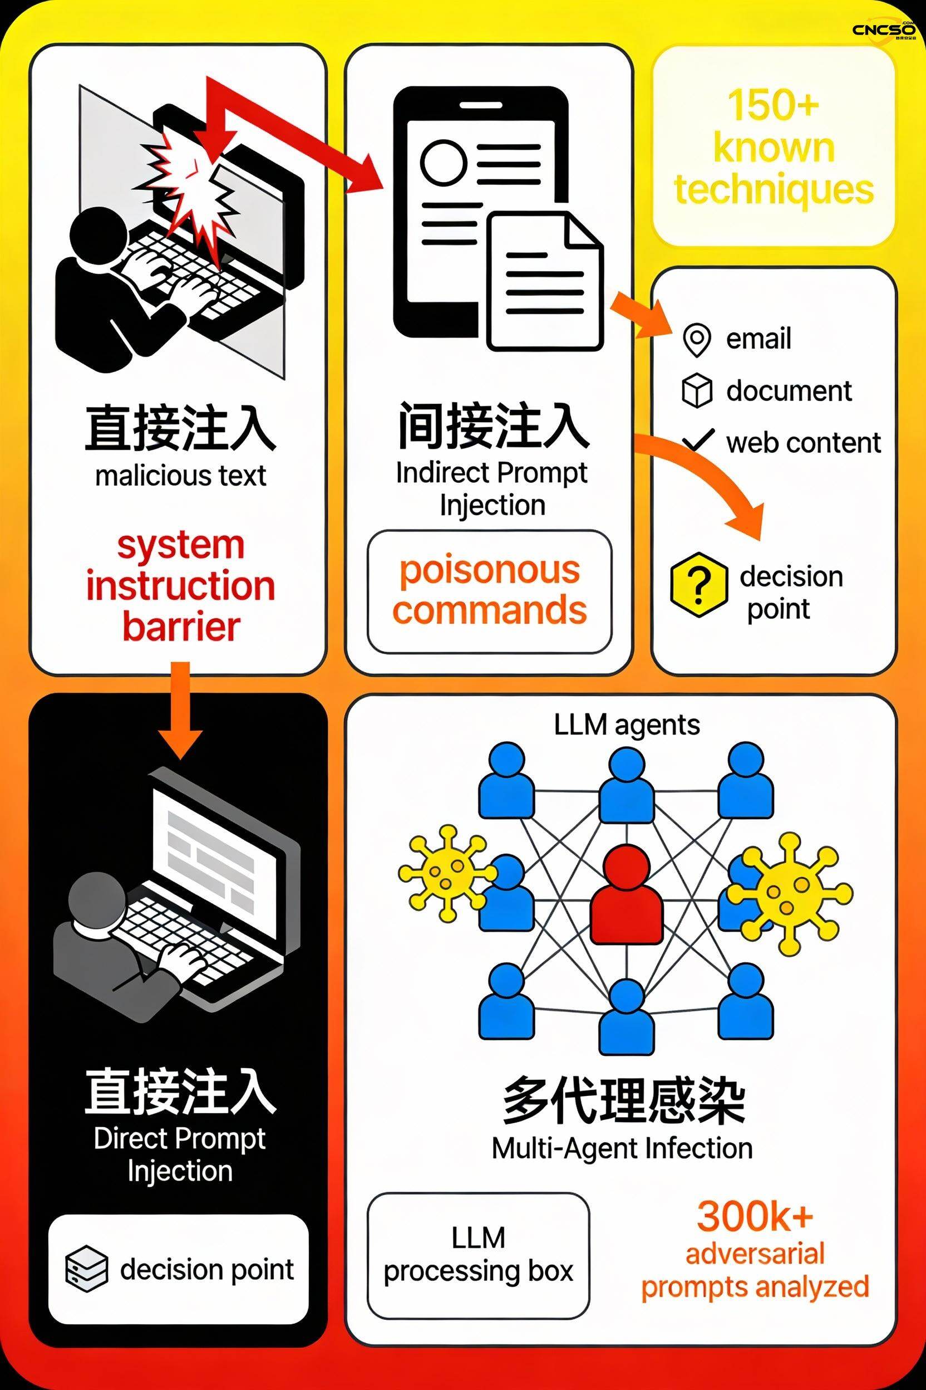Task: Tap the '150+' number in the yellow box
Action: point(773,105)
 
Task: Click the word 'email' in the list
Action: point(758,339)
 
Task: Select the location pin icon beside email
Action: point(696,340)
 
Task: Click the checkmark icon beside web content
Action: point(698,440)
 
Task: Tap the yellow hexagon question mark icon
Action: point(698,585)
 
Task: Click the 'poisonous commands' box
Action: point(490,591)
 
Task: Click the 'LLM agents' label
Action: point(627,725)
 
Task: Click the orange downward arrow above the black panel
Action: point(181,709)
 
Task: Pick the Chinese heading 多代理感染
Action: point(624,1100)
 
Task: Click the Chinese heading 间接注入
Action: point(493,425)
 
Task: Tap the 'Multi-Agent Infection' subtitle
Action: point(623,1149)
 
